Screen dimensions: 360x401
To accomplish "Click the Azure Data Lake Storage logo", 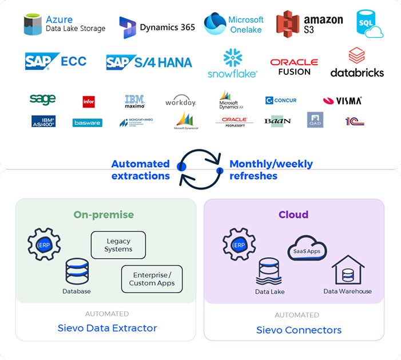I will click(64, 25).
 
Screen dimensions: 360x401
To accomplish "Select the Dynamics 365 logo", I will click(157, 27).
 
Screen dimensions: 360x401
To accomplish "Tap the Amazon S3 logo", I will click(309, 25).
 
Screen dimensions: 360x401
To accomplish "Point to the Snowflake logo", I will click(232, 64).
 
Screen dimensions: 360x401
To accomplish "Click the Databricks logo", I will click(357, 63).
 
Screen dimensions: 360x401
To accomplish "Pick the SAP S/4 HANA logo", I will click(149, 62).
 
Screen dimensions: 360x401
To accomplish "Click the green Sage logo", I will click(42, 100).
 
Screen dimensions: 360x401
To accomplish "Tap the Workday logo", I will click(180, 102).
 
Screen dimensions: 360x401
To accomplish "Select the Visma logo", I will click(342, 101).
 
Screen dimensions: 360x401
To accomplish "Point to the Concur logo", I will click(281, 100).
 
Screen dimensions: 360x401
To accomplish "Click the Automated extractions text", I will click(140, 170).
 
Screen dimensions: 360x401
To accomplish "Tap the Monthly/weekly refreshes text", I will click(271, 170).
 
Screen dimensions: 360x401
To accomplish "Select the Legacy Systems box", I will click(118, 245).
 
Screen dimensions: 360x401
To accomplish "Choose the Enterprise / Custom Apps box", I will click(152, 279).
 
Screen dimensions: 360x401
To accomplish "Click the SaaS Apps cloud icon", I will click(307, 250).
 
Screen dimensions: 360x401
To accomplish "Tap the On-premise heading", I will click(104, 215).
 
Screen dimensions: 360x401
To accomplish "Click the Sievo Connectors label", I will click(299, 330).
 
